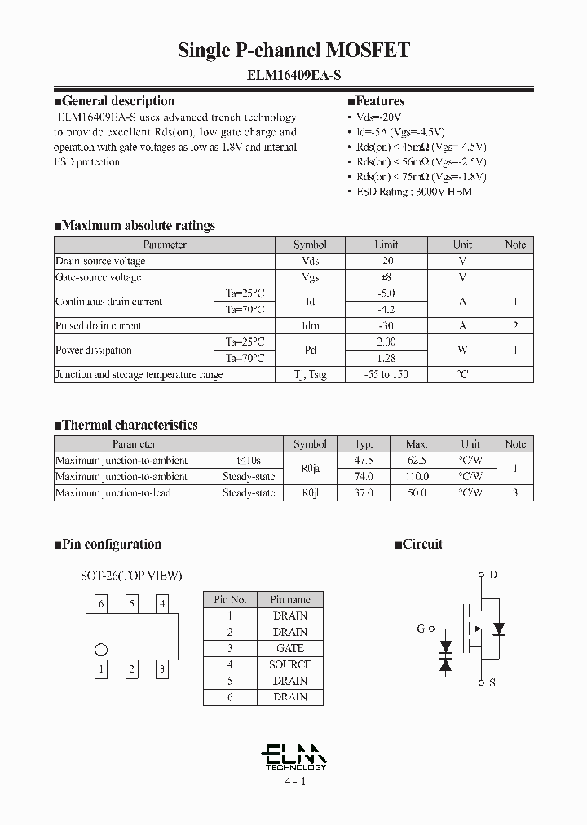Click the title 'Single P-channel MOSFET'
[293, 51]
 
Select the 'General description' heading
[118, 102]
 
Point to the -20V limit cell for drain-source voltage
[386, 261]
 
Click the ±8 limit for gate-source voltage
[386, 277]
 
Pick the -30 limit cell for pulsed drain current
[386, 325]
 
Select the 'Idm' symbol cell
[310, 325]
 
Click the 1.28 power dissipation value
[386, 358]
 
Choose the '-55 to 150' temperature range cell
[386, 374]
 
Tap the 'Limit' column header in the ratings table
[386, 245]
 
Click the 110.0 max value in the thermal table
[416, 476]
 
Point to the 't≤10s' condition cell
[249, 460]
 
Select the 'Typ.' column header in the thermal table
[363, 444]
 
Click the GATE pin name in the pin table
[289, 648]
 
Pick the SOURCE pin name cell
[289, 664]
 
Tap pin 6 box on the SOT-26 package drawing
[101, 604]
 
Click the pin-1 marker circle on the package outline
[101, 650]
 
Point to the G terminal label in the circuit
[421, 629]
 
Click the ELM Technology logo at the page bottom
[295, 757]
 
